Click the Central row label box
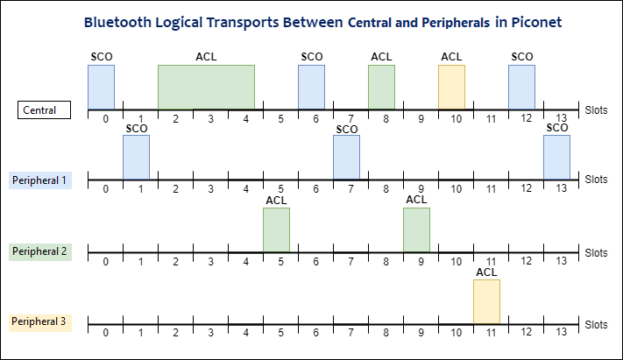point(44,110)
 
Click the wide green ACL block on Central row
point(206,87)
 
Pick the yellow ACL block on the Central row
point(451,87)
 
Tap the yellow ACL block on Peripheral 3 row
point(486,301)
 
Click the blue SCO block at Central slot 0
point(101,87)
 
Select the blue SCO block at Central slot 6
point(311,87)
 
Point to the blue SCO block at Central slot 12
point(521,87)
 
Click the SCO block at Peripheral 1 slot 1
point(136,157)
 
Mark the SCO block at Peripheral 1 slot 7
point(346,157)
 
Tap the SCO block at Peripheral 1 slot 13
point(556,157)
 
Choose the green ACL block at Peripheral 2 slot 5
point(276,229)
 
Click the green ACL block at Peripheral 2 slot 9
point(416,229)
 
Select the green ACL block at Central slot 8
point(381,87)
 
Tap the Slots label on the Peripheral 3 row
point(596,324)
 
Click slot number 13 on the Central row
point(561,119)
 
